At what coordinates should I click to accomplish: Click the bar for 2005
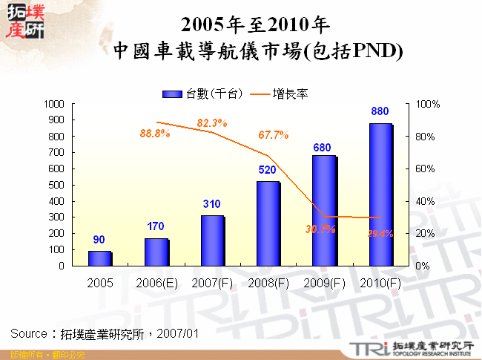[99, 258]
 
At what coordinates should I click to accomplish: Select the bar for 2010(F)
[380, 194]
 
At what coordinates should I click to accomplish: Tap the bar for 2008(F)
[268, 223]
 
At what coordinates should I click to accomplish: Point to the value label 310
[211, 203]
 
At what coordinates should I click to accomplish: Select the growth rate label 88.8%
[155, 134]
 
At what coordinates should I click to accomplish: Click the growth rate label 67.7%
[273, 135]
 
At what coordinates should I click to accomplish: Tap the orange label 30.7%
[320, 229]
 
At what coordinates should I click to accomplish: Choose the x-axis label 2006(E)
[156, 283]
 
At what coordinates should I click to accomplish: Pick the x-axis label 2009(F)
[324, 283]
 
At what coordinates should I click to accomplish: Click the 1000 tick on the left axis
[54, 104]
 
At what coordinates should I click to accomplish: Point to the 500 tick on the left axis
[57, 185]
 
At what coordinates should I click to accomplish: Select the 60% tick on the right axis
[429, 168]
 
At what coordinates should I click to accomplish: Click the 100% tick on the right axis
[429, 104]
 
